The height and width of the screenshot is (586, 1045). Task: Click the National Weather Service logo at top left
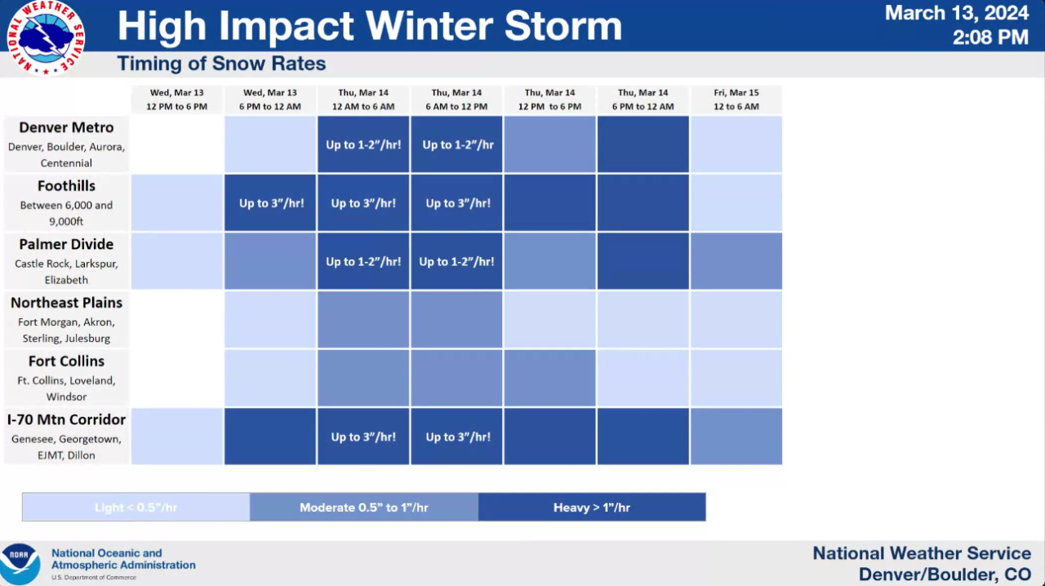coord(46,38)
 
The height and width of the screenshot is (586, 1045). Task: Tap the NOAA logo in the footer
coord(20,562)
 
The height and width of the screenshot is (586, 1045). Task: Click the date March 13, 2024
coord(956,13)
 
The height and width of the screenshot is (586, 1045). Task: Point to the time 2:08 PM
coord(989,37)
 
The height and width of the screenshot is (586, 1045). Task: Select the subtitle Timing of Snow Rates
coord(221,64)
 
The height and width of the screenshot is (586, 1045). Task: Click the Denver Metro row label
coord(66,128)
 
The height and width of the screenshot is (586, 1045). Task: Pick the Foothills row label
coord(66,186)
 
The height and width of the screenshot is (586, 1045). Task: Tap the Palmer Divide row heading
coord(66,245)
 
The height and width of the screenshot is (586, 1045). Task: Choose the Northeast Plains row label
coord(66,303)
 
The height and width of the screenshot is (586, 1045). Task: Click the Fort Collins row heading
coord(66,362)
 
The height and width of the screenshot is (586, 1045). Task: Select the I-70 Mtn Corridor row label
coord(66,420)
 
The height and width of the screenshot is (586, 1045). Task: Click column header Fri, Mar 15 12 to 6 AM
coord(736,100)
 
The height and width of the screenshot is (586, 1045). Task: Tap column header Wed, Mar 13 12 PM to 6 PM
coord(176,100)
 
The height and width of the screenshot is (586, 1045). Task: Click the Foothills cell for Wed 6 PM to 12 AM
coord(271,203)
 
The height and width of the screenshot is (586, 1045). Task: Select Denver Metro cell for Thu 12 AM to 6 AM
coord(363,144)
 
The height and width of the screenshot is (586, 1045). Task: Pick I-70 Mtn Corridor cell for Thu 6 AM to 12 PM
coord(457,437)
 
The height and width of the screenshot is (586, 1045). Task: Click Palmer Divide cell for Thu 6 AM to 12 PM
coord(457,262)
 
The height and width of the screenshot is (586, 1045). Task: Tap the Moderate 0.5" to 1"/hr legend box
coord(364,508)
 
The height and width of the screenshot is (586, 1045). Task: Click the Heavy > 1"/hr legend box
coord(592,508)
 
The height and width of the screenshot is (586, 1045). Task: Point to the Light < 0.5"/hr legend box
coord(136,508)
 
